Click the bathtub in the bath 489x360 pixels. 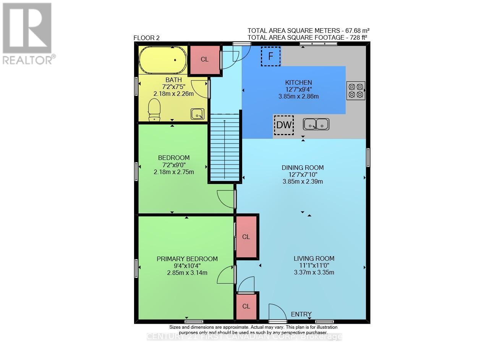pyautogui.click(x=163, y=60)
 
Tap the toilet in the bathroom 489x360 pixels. pyautogui.click(x=154, y=109)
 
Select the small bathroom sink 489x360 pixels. pyautogui.click(x=198, y=113)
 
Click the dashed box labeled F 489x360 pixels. pyautogui.click(x=271, y=57)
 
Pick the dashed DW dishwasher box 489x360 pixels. pyautogui.click(x=284, y=125)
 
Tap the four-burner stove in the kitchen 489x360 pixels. pyautogui.click(x=356, y=91)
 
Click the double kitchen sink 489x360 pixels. pyautogui.click(x=316, y=124)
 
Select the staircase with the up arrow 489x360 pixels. pyautogui.click(x=224, y=147)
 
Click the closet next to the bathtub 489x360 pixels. pyautogui.click(x=205, y=60)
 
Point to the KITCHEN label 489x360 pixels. pyautogui.click(x=299, y=82)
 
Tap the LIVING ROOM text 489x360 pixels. pyautogui.click(x=314, y=258)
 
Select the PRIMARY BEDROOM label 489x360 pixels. pyautogui.click(x=187, y=259)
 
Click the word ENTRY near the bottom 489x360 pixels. pyautogui.click(x=301, y=314)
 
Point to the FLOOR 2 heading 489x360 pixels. pyautogui.click(x=146, y=38)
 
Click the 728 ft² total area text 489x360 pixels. pyautogui.click(x=308, y=37)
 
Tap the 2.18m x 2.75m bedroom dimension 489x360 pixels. pyautogui.click(x=174, y=172)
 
